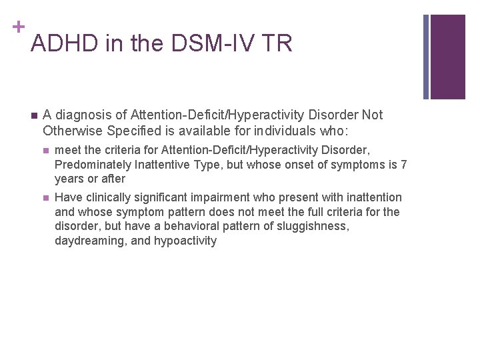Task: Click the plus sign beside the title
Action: (x=16, y=27)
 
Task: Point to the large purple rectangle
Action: (x=447, y=57)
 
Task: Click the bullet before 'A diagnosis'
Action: (x=33, y=115)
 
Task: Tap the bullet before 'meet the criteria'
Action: (x=45, y=151)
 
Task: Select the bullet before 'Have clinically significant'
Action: (x=45, y=197)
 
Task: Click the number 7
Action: (x=403, y=165)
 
